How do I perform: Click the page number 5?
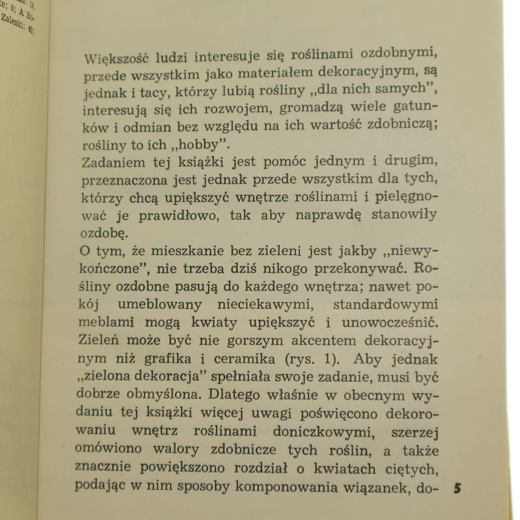[x=458, y=488]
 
